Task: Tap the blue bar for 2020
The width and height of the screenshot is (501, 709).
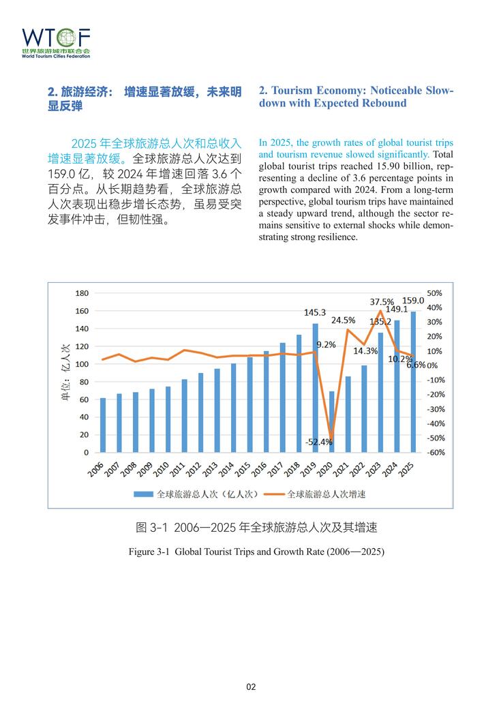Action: [x=331, y=421]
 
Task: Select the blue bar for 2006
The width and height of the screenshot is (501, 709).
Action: [x=103, y=425]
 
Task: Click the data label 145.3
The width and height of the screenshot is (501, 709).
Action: [x=315, y=312]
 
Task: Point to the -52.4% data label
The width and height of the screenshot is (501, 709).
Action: [x=319, y=442]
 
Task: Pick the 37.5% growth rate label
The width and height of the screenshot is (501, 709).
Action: [x=382, y=301]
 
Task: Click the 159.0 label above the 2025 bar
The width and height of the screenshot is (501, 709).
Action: [x=413, y=300]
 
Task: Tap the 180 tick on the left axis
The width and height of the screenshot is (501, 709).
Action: [x=82, y=293]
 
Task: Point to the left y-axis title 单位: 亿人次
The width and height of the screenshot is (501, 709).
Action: [x=66, y=372]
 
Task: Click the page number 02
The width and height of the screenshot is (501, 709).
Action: [x=251, y=687]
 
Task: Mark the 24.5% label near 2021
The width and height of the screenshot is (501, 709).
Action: [x=344, y=320]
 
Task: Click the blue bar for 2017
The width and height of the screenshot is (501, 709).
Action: [x=282, y=397]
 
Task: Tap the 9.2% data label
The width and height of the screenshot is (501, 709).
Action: [x=327, y=344]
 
